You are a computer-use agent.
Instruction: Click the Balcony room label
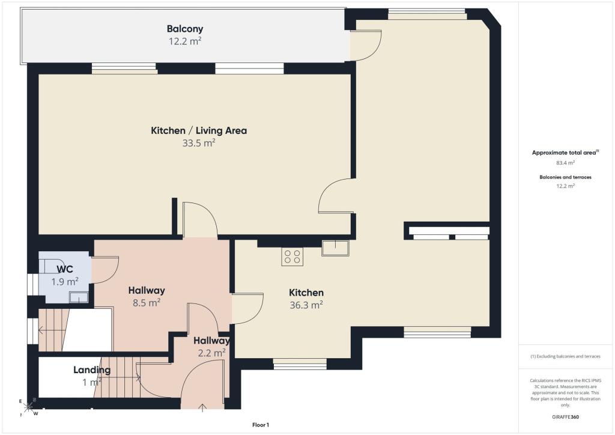[x=185, y=29]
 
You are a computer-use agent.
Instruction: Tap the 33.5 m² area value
[x=199, y=143]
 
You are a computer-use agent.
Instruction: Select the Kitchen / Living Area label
[x=199, y=130]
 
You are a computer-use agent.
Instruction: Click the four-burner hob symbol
[x=292, y=257]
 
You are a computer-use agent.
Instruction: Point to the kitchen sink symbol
[x=335, y=248]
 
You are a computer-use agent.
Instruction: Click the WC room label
[x=65, y=270]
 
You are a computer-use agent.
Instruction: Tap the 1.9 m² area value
[x=65, y=282]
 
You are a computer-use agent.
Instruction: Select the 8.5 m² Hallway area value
[x=147, y=303]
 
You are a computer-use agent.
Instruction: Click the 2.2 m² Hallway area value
[x=211, y=353]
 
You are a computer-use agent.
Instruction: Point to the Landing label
[x=92, y=370]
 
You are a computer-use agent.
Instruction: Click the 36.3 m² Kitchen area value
[x=306, y=305]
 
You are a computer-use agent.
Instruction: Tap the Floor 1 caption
[x=261, y=425]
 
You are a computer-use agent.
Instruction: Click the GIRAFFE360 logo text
[x=565, y=417]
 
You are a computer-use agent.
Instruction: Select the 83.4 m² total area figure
[x=565, y=163]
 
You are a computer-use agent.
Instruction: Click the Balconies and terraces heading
[x=565, y=177]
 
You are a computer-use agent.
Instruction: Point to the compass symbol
[x=28, y=407]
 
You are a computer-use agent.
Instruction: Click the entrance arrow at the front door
[x=202, y=407]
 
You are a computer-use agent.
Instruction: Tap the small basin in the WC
[x=79, y=297]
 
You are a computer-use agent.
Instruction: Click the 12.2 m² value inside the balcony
[x=185, y=41]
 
